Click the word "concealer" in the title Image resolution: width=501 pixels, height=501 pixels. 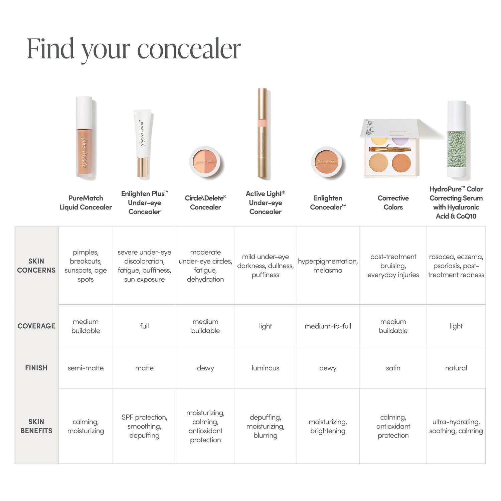[x=189, y=49]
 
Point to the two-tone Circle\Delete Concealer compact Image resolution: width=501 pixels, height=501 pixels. [x=205, y=161]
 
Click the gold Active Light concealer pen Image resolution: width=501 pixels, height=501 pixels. [x=263, y=134]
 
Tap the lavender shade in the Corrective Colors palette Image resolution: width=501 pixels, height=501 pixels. [x=400, y=140]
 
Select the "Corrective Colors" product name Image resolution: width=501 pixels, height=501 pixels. [x=393, y=203]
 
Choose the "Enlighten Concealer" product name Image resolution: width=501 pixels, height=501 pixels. [x=328, y=203]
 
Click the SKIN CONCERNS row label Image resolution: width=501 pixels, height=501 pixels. [x=36, y=266]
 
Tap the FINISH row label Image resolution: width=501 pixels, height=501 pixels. [x=36, y=368]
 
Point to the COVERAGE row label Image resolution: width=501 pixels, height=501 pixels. [x=36, y=326]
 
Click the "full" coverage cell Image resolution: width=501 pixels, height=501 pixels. [x=144, y=326]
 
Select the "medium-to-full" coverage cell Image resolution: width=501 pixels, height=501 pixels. [x=328, y=326]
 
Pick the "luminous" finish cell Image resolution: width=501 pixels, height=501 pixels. [x=265, y=368]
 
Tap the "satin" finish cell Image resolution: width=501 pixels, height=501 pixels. [x=393, y=368]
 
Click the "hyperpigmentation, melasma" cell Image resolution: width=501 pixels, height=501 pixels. [x=328, y=266]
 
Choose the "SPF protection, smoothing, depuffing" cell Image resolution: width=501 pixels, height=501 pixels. [x=144, y=426]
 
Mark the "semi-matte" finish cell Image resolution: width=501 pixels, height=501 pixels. [x=86, y=368]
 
